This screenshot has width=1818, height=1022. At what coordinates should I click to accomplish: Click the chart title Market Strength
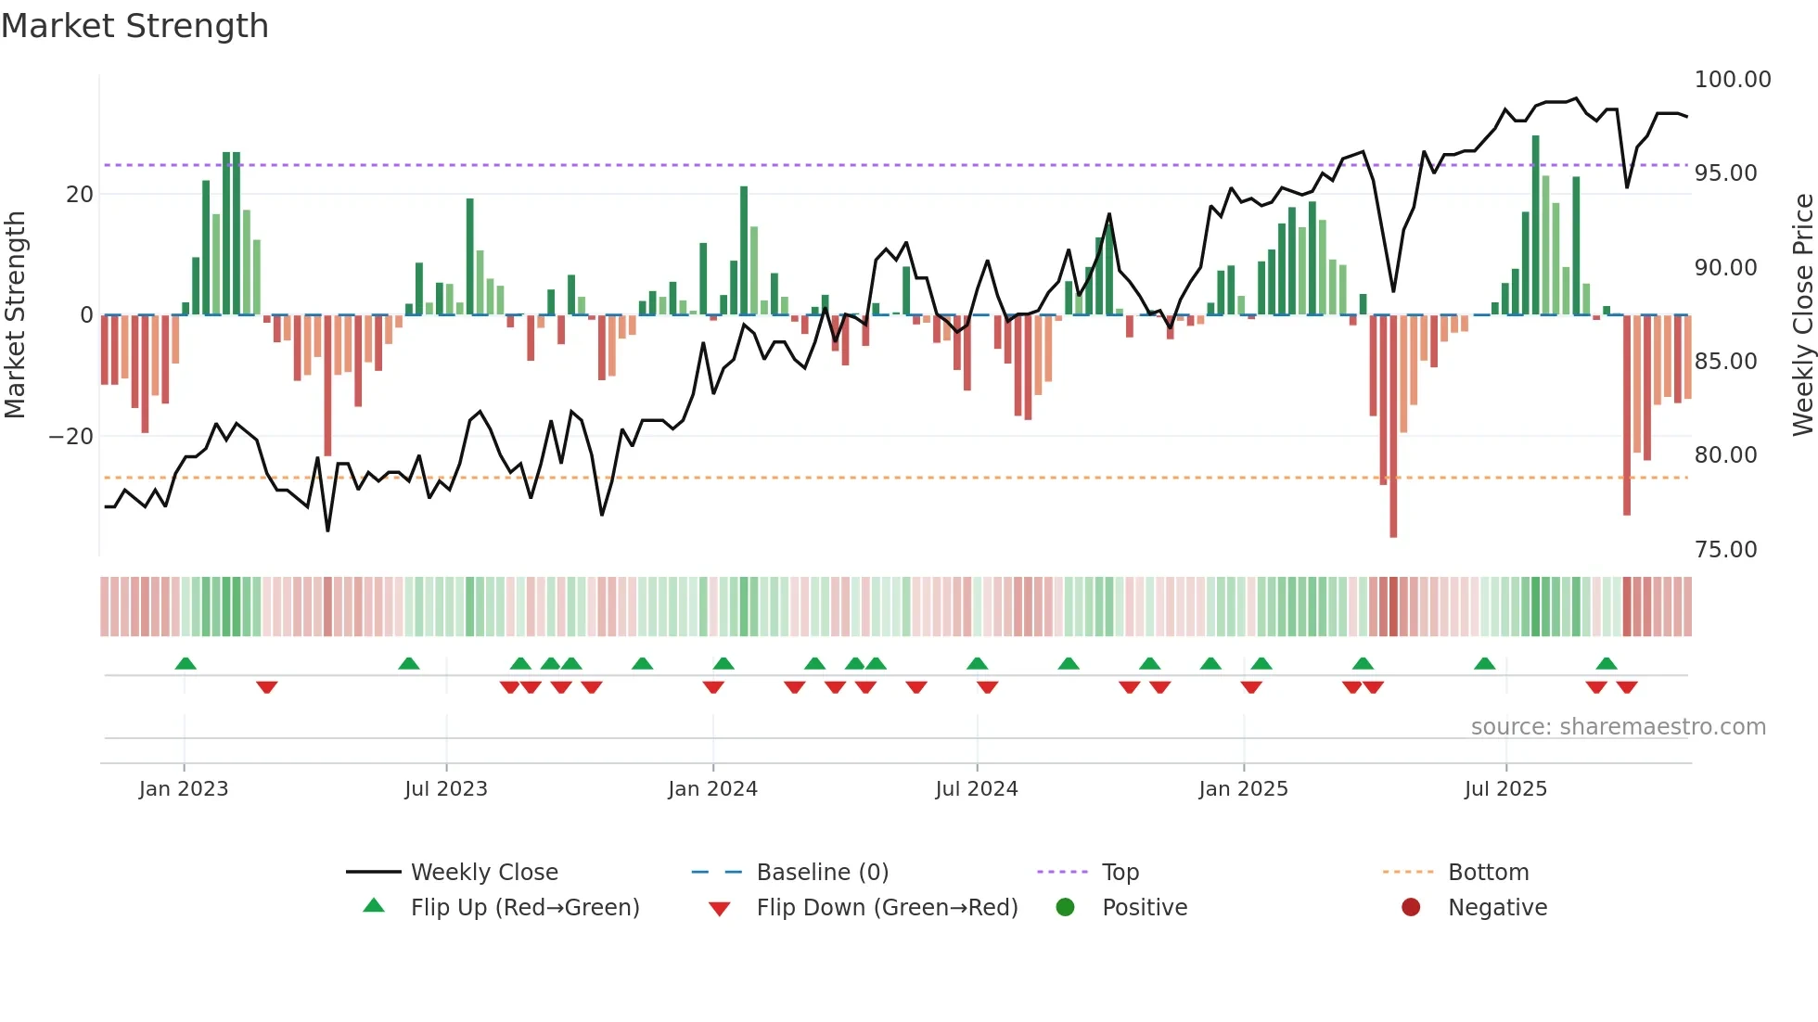(134, 26)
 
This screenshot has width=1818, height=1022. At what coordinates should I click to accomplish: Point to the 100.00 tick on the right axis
(1732, 80)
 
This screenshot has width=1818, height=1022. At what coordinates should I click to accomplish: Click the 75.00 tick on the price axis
(1725, 550)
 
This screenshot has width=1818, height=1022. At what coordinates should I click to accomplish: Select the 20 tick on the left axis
(80, 195)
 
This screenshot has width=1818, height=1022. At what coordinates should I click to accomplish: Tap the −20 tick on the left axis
(71, 437)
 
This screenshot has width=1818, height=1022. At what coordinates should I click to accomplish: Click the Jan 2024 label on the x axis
(712, 789)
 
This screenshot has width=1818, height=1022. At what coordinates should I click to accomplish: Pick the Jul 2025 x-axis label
(1505, 789)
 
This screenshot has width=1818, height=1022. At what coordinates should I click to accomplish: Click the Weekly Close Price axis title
(1802, 315)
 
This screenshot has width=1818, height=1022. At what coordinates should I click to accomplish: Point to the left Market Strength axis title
(15, 315)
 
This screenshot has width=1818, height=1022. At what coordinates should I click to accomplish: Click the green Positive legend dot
(1065, 908)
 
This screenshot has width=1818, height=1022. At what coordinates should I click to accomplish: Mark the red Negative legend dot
(1411, 908)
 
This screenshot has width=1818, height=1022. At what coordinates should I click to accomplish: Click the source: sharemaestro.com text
(1618, 727)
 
